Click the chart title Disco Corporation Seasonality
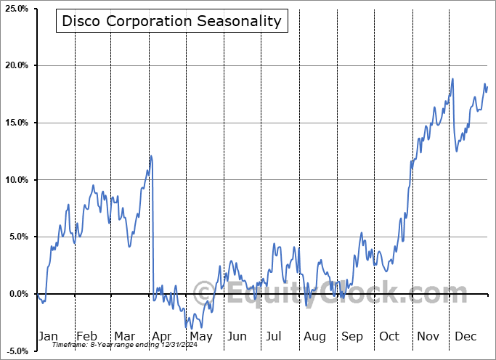171,21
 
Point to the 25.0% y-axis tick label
16,9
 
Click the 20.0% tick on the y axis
16,66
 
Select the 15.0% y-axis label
16,123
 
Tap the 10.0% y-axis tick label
16,180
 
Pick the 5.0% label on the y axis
17,237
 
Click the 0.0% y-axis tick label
17,294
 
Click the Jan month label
48,337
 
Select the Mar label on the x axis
124,337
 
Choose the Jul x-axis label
275,337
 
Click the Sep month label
352,337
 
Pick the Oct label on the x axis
389,337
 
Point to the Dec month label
466,337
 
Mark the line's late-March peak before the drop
151,156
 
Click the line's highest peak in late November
452,79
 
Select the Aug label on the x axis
314,337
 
